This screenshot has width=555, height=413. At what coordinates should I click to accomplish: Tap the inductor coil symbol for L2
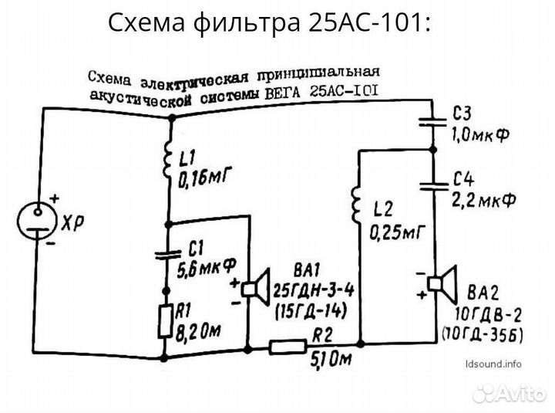tap(357, 202)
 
